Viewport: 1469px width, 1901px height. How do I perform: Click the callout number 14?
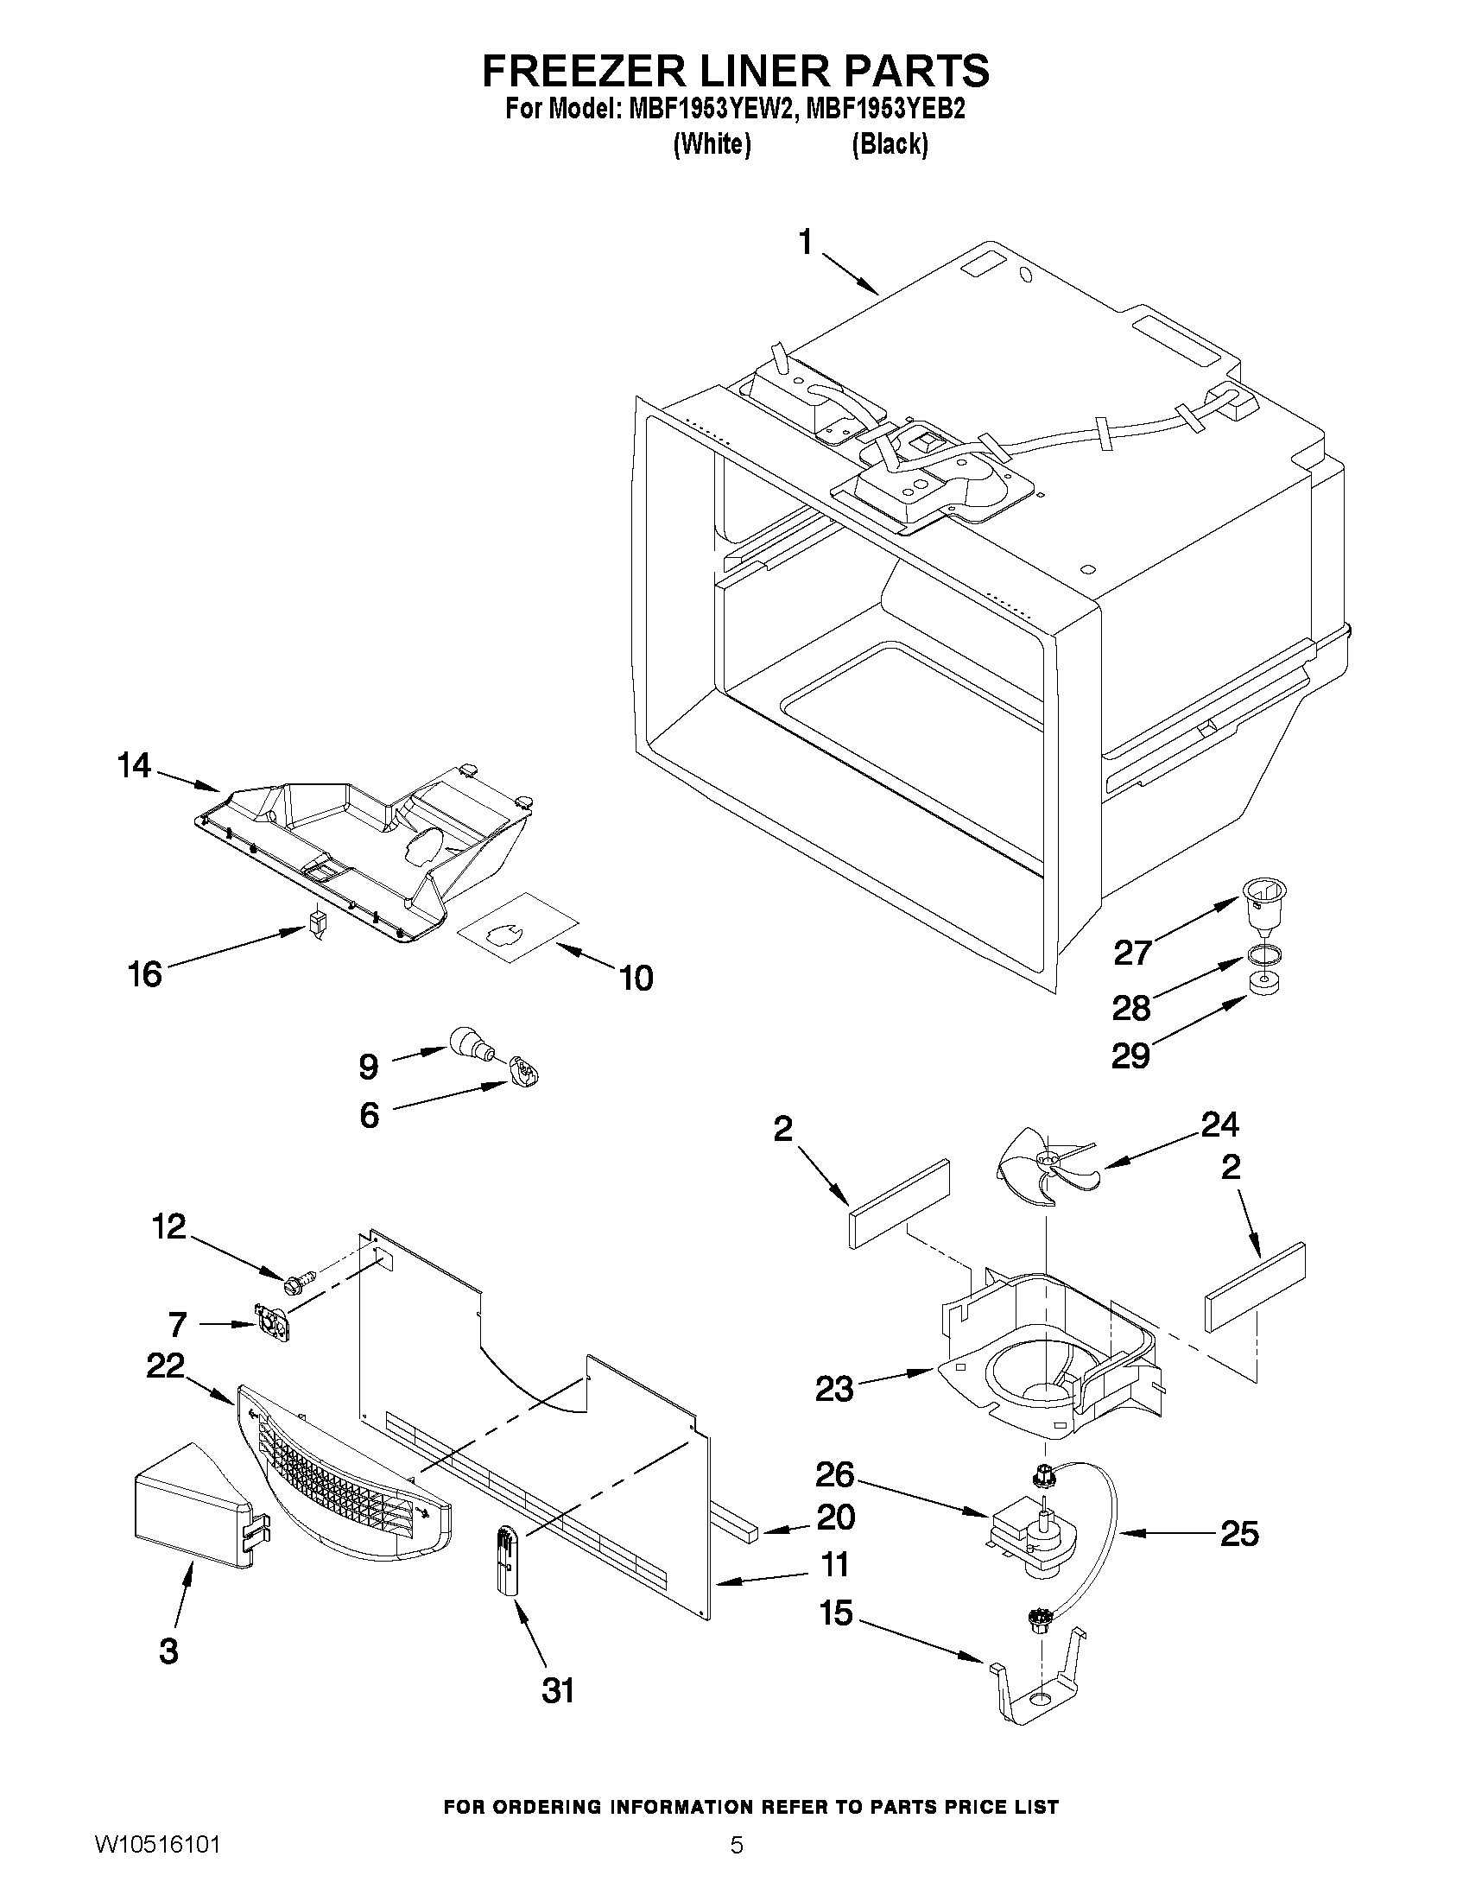pyautogui.click(x=134, y=766)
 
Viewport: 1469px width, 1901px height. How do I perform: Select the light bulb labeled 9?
pyautogui.click(x=470, y=1041)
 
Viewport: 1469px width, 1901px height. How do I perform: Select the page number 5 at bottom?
pyautogui.click(x=737, y=1868)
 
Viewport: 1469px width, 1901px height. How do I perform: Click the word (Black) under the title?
pyautogui.click(x=890, y=143)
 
